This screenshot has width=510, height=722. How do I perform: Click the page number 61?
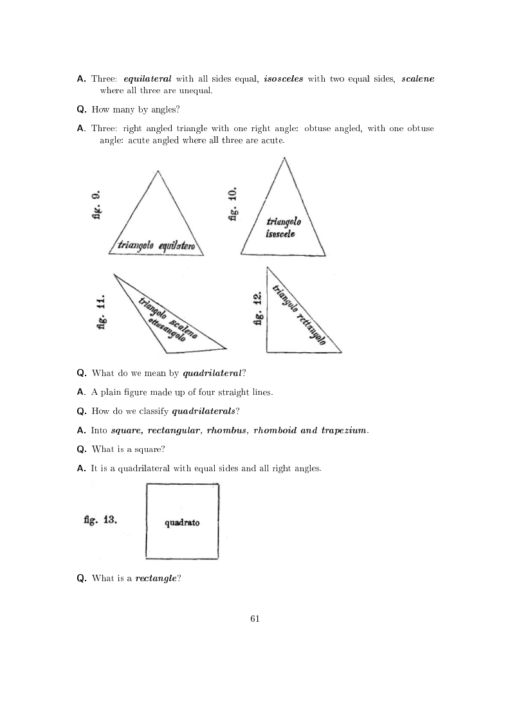point(255,619)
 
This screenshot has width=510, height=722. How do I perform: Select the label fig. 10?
point(233,204)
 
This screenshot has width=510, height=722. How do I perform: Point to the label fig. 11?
point(101,312)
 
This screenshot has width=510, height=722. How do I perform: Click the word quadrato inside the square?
point(182,523)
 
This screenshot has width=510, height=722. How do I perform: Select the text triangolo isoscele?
point(284,228)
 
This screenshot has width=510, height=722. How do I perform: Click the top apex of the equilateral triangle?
point(157,170)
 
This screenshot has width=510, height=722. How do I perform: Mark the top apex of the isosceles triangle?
point(284,158)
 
